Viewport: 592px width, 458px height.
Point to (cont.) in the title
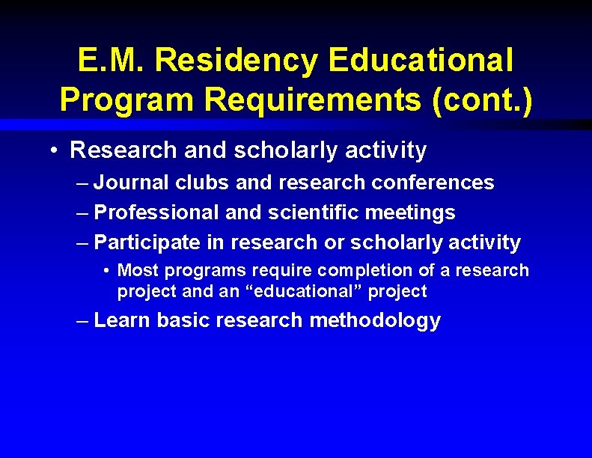482,100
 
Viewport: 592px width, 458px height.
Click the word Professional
157,213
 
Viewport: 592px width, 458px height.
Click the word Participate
147,242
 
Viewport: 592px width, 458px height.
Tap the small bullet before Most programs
109,270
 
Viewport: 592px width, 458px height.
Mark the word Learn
123,320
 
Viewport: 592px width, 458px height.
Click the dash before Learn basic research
83,321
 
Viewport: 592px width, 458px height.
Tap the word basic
184,320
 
